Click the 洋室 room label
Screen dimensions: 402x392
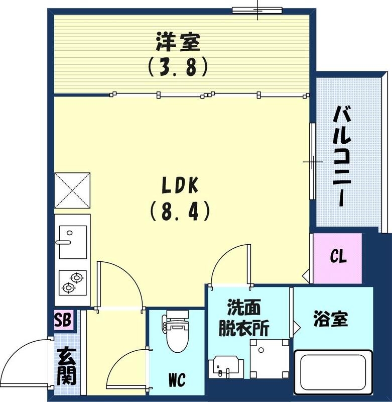click(178, 42)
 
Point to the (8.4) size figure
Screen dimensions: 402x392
click(179, 212)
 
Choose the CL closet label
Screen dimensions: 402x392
click(338, 257)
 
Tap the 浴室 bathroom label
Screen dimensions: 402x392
click(331, 320)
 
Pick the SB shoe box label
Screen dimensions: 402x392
click(64, 319)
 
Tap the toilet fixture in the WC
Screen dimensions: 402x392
click(176, 333)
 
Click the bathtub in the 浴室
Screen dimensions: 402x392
click(333, 374)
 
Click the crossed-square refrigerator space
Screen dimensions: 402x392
click(72, 190)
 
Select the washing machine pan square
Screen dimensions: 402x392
click(270, 358)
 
